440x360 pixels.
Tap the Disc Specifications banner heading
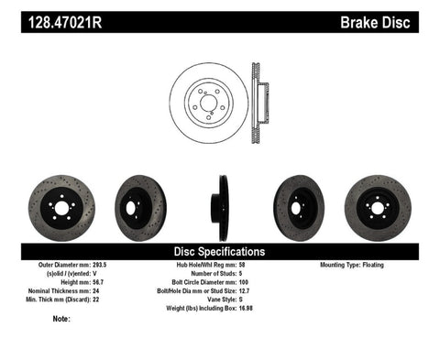pyautogui.click(x=220, y=250)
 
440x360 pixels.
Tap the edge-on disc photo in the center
pyautogui.click(x=222, y=203)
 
